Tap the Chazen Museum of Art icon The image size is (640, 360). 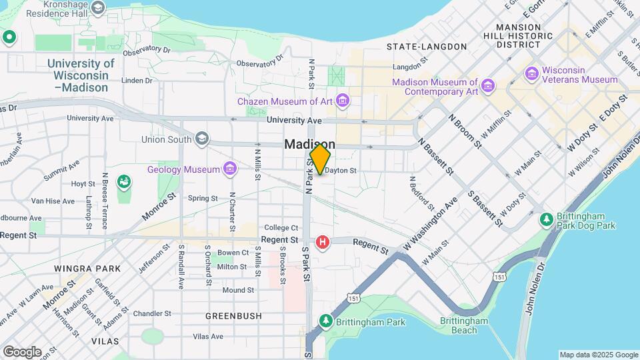[x=343, y=101]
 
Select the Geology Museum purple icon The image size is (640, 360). [x=230, y=169]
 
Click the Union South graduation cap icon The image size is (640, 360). [x=201, y=139]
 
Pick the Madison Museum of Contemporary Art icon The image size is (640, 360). [x=488, y=86]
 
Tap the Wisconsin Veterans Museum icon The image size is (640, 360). [x=532, y=73]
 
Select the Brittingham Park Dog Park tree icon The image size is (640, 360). [x=546, y=219]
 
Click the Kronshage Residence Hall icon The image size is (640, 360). [x=99, y=7]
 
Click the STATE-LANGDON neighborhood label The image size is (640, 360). [x=427, y=47]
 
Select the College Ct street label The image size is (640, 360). [x=281, y=228]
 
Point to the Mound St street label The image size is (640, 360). [x=238, y=290]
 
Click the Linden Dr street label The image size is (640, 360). [x=137, y=81]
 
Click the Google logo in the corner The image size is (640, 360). [x=22, y=351]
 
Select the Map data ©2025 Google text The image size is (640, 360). [x=598, y=355]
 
